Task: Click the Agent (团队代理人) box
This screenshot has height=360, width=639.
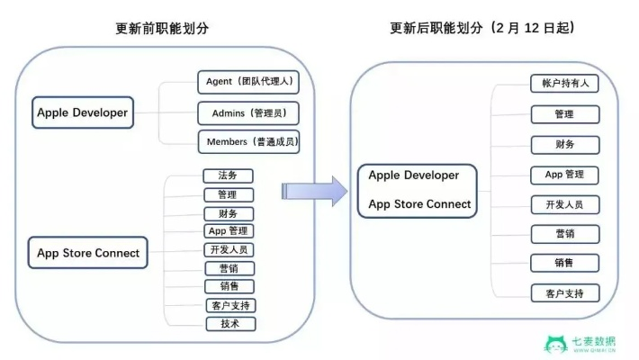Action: point(247,82)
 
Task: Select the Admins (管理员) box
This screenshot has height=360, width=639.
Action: point(247,112)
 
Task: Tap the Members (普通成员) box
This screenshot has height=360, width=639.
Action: point(247,142)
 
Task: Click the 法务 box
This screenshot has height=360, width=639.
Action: point(229,175)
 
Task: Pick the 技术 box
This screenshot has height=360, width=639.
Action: point(229,324)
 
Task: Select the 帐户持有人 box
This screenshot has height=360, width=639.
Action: point(565,84)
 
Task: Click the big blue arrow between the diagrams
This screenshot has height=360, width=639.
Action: point(314,191)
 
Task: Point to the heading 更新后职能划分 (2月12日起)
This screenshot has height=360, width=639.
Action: point(482,28)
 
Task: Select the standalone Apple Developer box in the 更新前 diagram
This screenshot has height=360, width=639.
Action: point(82,113)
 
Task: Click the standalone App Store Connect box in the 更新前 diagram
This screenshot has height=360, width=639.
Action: point(88,253)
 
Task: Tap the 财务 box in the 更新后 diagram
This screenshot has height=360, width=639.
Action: point(565,144)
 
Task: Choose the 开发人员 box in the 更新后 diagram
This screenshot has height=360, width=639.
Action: point(565,204)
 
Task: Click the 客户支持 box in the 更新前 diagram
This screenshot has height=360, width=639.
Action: point(229,305)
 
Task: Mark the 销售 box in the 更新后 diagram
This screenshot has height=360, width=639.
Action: point(565,263)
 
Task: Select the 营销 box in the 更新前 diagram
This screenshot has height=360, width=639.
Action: point(229,268)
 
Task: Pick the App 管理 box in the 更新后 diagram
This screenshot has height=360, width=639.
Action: point(565,175)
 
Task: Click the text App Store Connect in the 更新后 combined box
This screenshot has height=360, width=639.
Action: point(419,204)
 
